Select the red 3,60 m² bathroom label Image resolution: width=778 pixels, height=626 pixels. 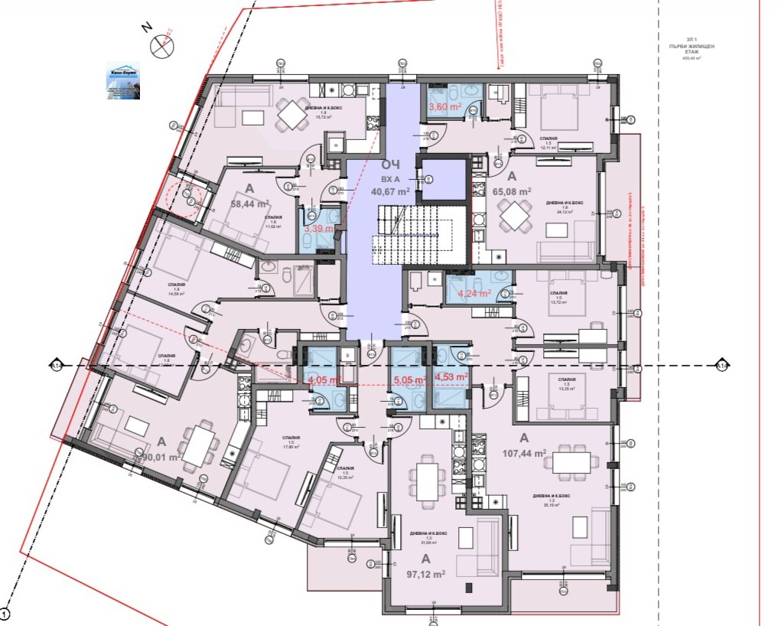pyautogui.click(x=444, y=108)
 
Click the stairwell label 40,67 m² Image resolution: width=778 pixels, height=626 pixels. pyautogui.click(x=390, y=192)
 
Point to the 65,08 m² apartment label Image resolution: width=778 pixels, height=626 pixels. pyautogui.click(x=513, y=191)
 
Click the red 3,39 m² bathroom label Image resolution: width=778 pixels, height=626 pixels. pyautogui.click(x=319, y=228)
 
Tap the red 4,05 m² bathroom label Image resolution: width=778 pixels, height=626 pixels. pyautogui.click(x=322, y=378)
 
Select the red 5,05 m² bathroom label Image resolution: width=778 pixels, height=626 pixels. pyautogui.click(x=408, y=377)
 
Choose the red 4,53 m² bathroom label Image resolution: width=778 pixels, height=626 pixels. pyautogui.click(x=451, y=376)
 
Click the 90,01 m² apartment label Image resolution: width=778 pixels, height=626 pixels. pyautogui.click(x=161, y=457)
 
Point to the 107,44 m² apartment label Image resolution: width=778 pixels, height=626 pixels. pyautogui.click(x=524, y=453)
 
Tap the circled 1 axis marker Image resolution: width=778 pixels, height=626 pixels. pyautogui.click(x=5, y=613)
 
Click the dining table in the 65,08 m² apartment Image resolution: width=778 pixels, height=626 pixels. pyautogui.click(x=514, y=217)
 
